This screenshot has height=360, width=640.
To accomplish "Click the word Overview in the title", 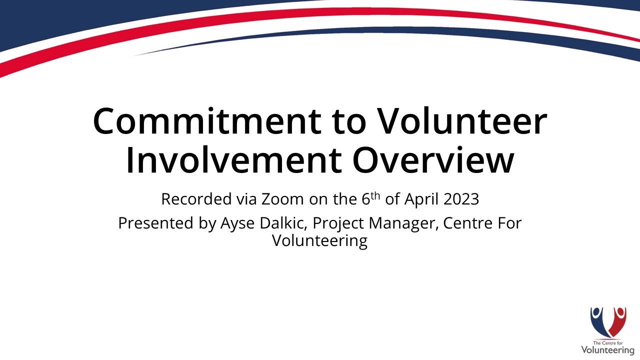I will pos(433,161).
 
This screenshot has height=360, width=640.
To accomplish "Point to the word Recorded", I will pos(196,199).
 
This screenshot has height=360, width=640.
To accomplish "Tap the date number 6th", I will pos(370,198).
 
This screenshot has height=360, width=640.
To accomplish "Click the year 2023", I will pos(461,199).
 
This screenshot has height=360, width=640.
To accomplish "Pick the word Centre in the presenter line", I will pos(468,223).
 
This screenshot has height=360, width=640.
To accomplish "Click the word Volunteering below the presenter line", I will pos(319,241).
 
